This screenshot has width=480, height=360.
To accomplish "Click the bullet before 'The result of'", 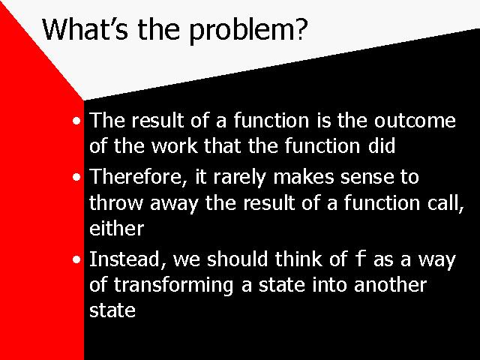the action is pyautogui.click(x=76, y=121).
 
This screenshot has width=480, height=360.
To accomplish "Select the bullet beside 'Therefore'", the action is pyautogui.click(x=76, y=177).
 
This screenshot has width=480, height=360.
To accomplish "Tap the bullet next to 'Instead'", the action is pyautogui.click(x=76, y=260).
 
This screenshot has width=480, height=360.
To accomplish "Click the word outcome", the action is pyautogui.click(x=415, y=120).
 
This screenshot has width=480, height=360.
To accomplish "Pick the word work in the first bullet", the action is pyautogui.click(x=175, y=146).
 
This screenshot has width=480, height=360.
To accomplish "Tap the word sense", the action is pyautogui.click(x=367, y=178).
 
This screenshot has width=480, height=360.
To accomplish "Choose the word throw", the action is pyautogui.click(x=116, y=203).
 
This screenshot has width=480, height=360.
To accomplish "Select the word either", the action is pyautogui.click(x=117, y=228).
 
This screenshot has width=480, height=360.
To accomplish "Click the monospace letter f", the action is pyautogui.click(x=360, y=258).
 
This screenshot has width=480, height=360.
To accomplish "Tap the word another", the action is pyautogui.click(x=390, y=285).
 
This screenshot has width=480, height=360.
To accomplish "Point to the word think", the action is pyautogui.click(x=298, y=259).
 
